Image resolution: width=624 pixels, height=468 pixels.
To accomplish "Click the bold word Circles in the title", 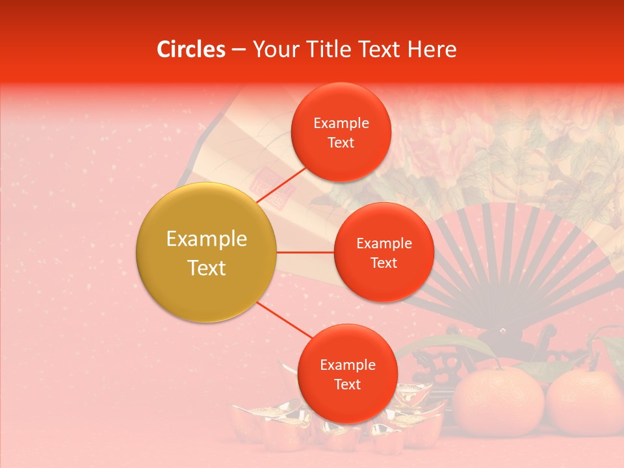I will coord(191,49).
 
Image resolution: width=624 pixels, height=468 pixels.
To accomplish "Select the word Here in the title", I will coord(432,49).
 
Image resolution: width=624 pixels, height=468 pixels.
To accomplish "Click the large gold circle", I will coord(207,252).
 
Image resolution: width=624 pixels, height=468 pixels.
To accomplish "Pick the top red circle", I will coord(341,132).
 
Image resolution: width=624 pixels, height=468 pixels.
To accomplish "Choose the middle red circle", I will coord(384,252).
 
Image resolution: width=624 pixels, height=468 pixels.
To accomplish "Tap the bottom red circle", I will coord(347,373).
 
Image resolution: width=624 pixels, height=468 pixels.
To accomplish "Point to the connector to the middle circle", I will coord(305,252).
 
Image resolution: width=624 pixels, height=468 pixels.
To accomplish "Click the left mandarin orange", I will coord(498,403).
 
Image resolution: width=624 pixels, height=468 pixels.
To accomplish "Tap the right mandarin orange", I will coord(584,403).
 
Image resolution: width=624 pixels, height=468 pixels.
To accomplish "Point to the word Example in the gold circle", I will coord(207,239).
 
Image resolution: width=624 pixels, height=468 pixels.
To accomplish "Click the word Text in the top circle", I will coord(341,142).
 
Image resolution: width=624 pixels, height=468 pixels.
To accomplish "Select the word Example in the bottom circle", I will coord(347,365).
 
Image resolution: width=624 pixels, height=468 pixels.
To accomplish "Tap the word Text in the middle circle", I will coord(384,263).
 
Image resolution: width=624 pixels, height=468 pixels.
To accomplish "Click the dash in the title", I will coord(239,49).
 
